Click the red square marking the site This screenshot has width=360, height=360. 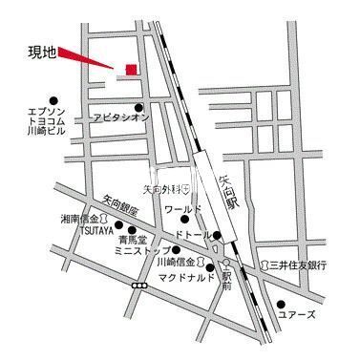[x=131, y=68]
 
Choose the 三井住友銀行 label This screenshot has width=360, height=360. [x=298, y=265]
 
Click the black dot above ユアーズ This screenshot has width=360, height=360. [x=282, y=302]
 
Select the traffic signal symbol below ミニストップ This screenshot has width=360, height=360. [x=140, y=285]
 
